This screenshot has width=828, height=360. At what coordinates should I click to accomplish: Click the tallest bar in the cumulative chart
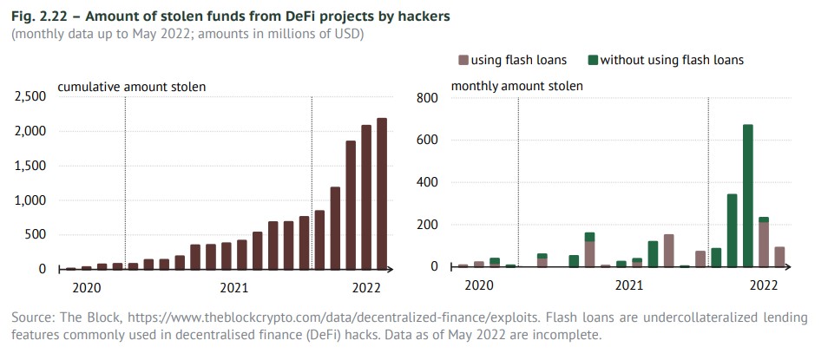click(x=382, y=194)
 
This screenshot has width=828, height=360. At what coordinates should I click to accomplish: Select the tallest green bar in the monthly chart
click(x=747, y=195)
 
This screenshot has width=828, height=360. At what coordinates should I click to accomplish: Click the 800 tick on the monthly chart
click(x=430, y=97)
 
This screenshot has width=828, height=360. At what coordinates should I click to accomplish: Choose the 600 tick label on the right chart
click(x=430, y=140)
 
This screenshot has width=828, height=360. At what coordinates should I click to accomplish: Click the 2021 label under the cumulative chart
click(x=234, y=285)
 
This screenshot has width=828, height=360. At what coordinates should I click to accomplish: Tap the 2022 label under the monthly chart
click(x=763, y=285)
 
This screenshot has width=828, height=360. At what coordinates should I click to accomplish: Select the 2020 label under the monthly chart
click(x=478, y=285)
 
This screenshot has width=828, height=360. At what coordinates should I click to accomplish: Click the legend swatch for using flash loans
click(x=463, y=60)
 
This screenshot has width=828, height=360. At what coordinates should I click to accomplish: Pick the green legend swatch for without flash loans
click(x=593, y=60)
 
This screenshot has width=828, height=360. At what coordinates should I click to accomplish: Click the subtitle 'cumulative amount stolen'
click(x=131, y=86)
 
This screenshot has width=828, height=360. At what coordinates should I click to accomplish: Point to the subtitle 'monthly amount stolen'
click(x=516, y=86)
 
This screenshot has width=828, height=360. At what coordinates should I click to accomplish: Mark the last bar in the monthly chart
click(x=779, y=257)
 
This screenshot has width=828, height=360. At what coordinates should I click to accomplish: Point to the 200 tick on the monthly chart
click(x=430, y=225)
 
